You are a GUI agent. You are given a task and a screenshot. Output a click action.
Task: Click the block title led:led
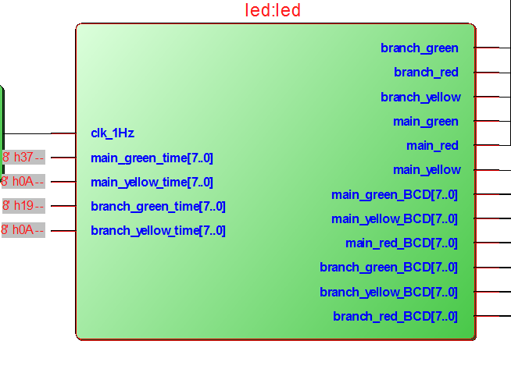coord(273,11)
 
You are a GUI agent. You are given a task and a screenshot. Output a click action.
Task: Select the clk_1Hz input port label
coord(113,133)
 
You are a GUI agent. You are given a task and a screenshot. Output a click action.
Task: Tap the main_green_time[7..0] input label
coord(152,158)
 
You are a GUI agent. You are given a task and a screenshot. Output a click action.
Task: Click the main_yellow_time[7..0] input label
coord(152,183)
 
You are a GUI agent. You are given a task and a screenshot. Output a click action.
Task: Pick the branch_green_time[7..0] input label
coord(158,207)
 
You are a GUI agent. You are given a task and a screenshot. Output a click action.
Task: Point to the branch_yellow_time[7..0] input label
coord(158,231)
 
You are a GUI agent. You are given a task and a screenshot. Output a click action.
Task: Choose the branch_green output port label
coord(420,48)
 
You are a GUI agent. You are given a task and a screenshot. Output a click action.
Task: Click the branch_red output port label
coord(426,73)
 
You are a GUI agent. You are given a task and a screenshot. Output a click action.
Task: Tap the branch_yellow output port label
coord(420,98)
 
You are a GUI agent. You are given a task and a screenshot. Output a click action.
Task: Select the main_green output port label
coord(426,122)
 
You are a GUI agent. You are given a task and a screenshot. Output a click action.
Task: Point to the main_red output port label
coord(432,146)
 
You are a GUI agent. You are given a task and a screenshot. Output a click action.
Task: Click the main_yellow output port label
coord(427,170)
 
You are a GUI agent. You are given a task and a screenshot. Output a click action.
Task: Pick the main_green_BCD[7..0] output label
coord(395,195)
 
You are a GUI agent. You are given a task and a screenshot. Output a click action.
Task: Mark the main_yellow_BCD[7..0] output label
coord(395,219)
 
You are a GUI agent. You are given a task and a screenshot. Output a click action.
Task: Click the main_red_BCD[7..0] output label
coord(402,243)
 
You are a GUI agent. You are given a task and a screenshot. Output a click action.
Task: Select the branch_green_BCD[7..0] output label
coord(389,268)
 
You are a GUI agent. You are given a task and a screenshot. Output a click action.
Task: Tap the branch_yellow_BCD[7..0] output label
coord(389,293)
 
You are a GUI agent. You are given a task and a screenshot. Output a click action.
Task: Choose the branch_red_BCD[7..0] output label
coord(395,317)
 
